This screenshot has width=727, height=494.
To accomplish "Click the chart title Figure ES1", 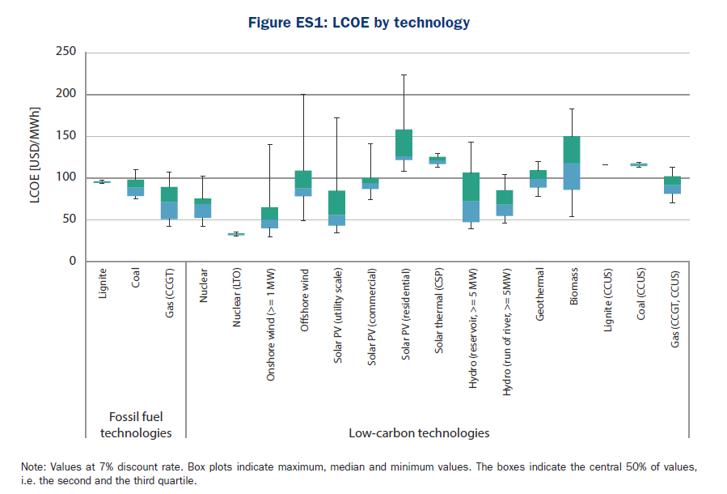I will [x=359, y=23].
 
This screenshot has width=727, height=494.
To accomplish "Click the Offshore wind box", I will [x=302, y=183].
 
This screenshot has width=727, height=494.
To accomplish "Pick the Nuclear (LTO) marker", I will [x=235, y=234].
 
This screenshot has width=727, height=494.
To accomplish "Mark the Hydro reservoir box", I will [x=471, y=197].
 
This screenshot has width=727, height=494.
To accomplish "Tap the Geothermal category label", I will [x=539, y=296].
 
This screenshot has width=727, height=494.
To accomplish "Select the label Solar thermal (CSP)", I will [x=437, y=312].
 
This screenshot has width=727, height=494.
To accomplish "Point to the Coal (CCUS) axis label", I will [x=640, y=295].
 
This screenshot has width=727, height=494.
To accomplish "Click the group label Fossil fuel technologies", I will [x=136, y=424].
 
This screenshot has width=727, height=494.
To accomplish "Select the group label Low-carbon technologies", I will [x=419, y=432].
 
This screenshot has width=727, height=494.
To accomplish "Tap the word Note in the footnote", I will [x=33, y=467].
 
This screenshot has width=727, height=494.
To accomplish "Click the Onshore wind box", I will [x=268, y=217].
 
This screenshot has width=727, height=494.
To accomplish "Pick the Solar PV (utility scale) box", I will [x=336, y=207].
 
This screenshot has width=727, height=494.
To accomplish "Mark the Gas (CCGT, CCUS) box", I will [x=673, y=185].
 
